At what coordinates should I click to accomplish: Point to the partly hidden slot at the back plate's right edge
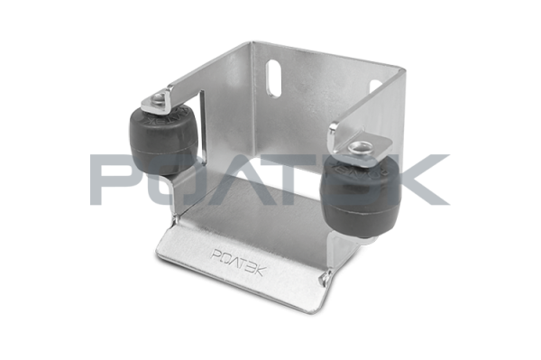376,88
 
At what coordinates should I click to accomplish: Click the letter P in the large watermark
112,180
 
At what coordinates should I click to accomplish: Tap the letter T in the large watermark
294,180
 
